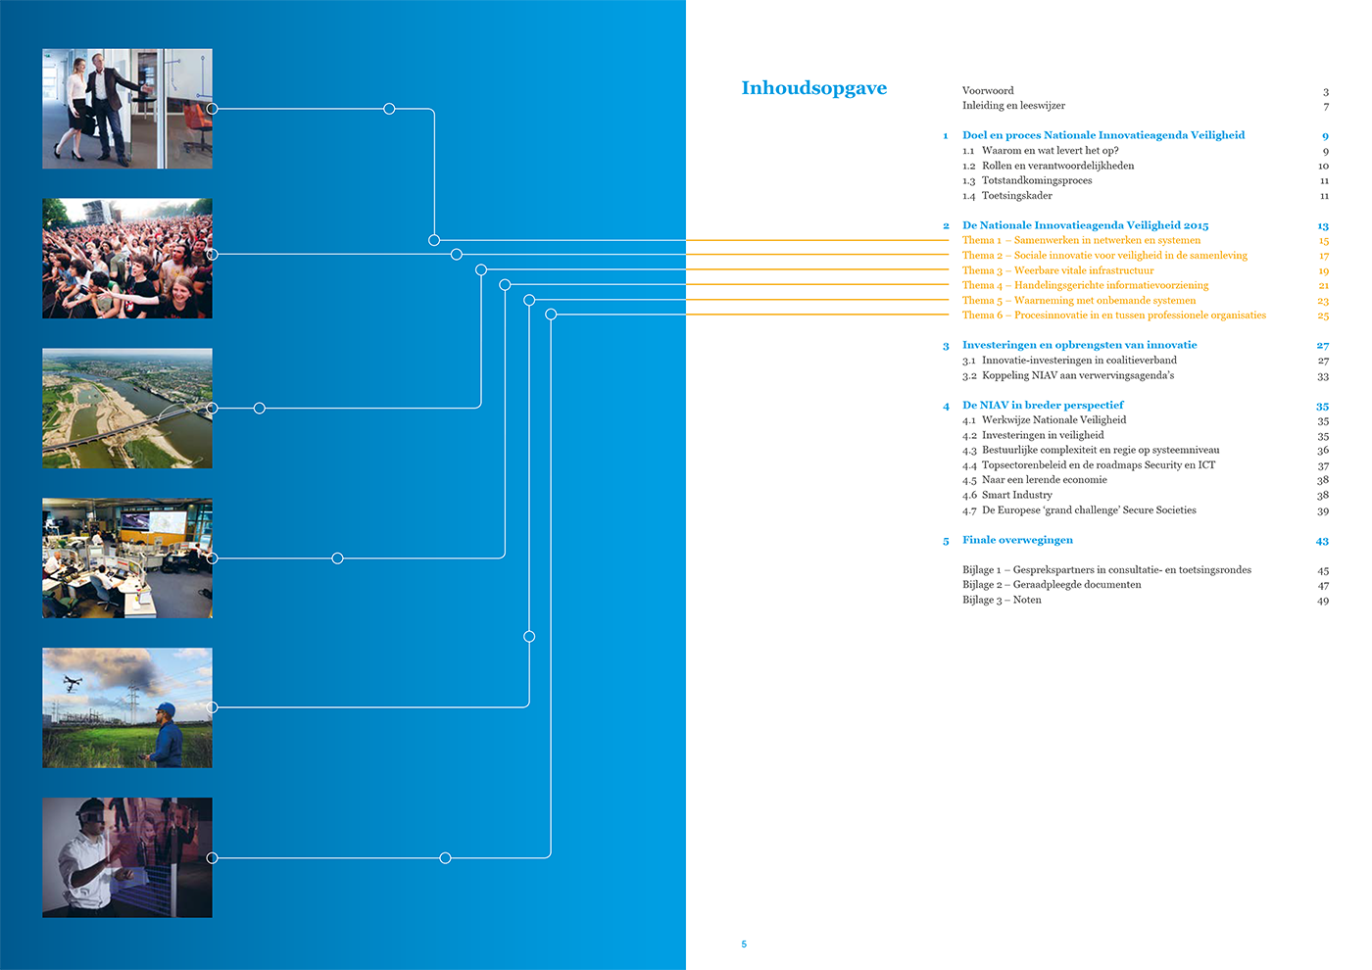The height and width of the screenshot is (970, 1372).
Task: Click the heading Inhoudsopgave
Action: pyautogui.click(x=813, y=88)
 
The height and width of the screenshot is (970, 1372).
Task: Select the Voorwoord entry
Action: pyautogui.click(x=988, y=91)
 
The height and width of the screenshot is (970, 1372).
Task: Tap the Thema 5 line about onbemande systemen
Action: pyautogui.click(x=1078, y=301)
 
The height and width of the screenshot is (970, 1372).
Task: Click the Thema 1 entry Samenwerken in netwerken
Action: pyautogui.click(x=1081, y=240)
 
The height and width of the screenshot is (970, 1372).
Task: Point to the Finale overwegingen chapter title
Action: pyautogui.click(x=1017, y=540)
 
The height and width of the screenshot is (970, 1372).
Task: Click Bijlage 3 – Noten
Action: pyautogui.click(x=1002, y=600)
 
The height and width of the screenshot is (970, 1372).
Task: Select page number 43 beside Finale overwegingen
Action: pyautogui.click(x=1322, y=541)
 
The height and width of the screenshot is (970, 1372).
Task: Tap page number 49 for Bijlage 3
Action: pyautogui.click(x=1323, y=601)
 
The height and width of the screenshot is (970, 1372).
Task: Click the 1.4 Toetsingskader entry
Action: pyautogui.click(x=1006, y=196)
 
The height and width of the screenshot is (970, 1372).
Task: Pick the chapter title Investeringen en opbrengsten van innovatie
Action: pyautogui.click(x=1079, y=345)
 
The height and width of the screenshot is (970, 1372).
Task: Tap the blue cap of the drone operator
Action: pyautogui.click(x=166, y=708)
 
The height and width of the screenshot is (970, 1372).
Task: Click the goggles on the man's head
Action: pyautogui.click(x=91, y=812)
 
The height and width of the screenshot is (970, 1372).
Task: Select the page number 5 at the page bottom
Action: pyautogui.click(x=744, y=945)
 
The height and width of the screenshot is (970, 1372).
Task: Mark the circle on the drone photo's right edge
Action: pyautogui.click(x=213, y=707)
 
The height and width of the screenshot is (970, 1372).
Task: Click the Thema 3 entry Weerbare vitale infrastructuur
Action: pyautogui.click(x=1057, y=270)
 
